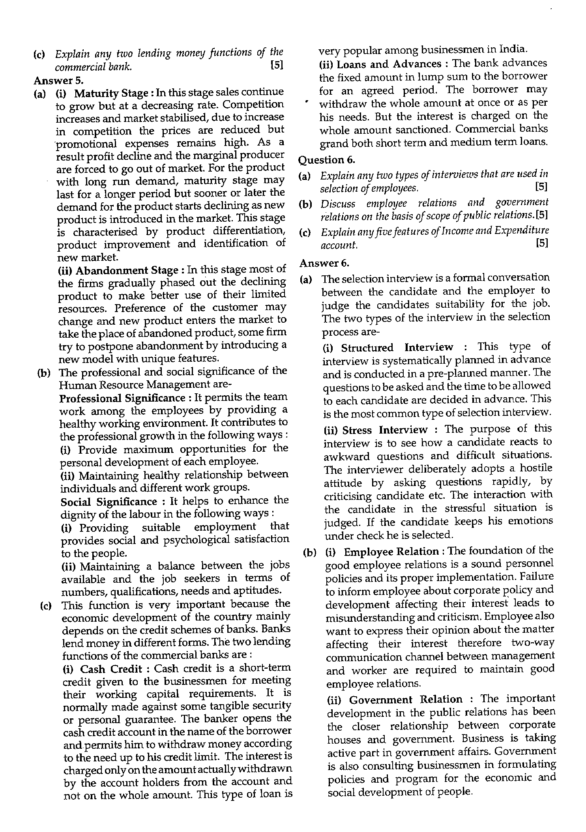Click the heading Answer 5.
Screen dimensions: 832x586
coord(58,80)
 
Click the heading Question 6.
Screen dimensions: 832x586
coord(327,159)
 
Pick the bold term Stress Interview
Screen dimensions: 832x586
coord(385,430)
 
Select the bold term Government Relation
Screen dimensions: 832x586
coord(406,699)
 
